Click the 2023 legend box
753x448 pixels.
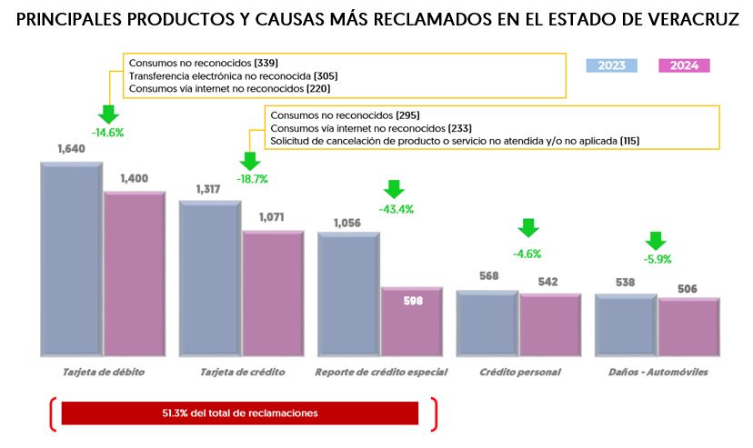pos(611,65)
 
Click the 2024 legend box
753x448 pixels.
pos(684,65)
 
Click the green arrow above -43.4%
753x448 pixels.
pos(394,189)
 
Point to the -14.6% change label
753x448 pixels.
pos(107,133)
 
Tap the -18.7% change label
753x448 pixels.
pos(252,179)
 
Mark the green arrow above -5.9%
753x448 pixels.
pos(656,241)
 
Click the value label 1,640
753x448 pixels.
pos(71,148)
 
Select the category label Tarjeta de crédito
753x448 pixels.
pos(243,373)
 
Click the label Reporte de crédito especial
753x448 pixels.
pos(379,373)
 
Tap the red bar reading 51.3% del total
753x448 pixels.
pos(239,413)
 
